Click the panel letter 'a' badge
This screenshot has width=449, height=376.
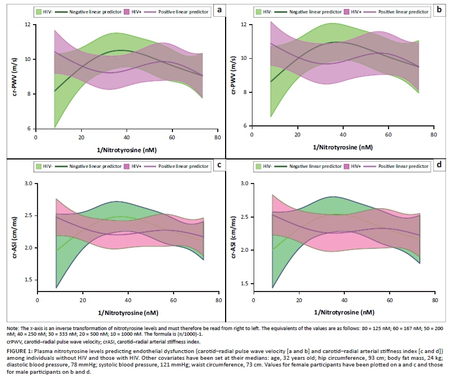(213, 10)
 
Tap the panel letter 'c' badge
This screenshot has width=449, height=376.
(213, 165)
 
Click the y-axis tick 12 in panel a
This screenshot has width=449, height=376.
(27, 25)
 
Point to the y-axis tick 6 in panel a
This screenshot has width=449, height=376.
(29, 129)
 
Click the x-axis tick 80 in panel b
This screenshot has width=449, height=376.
(433, 134)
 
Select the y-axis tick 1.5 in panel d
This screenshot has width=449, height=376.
(243, 284)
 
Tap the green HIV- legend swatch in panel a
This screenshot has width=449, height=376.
(39, 11)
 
